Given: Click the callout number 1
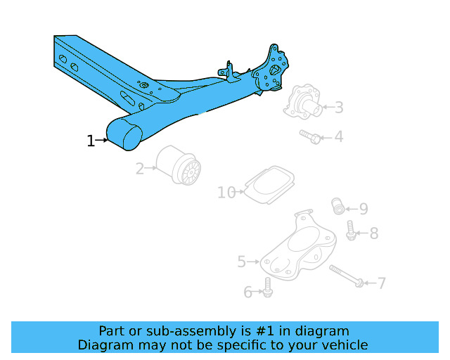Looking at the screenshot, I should tap(90, 141).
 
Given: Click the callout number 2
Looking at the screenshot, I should tap(140, 168).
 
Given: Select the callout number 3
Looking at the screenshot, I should tap(339, 108).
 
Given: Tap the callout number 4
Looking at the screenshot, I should tap(339, 136).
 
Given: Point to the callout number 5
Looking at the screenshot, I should tap(242, 262).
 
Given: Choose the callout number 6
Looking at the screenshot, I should tap(248, 291).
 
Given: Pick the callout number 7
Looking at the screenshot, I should tap(381, 283).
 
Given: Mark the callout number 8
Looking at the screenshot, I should tap(373, 233).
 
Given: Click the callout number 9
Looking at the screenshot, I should tap(363, 208).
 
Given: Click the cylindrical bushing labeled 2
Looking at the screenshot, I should tap(179, 167).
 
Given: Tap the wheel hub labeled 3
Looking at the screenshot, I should tap(302, 103).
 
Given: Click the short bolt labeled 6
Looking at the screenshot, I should tap(267, 287).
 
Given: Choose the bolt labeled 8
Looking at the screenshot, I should tap(351, 230).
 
